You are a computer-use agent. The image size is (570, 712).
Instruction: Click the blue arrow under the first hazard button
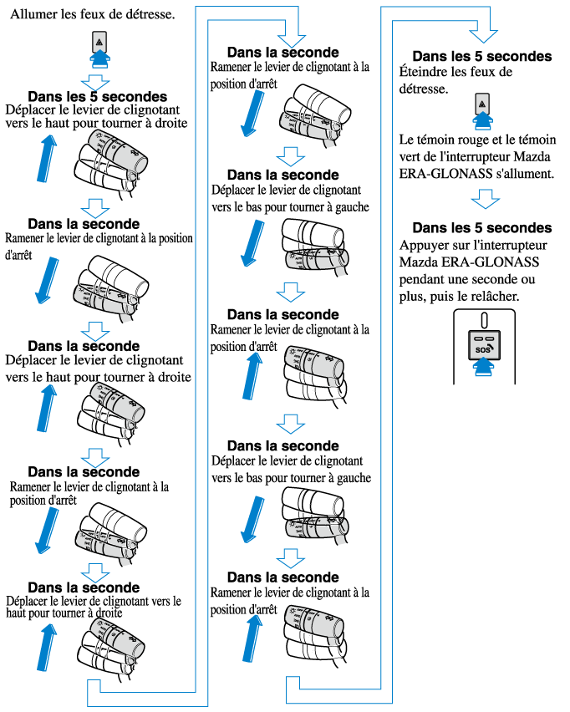(99, 58)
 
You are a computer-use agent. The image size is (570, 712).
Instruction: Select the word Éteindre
(428, 72)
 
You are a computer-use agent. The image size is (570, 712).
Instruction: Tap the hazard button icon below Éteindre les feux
(482, 104)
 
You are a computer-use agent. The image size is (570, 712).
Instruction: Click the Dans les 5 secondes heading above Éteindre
(481, 56)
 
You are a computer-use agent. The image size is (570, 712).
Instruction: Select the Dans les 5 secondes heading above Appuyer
(481, 227)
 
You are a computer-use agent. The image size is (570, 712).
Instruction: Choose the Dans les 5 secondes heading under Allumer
(97, 97)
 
